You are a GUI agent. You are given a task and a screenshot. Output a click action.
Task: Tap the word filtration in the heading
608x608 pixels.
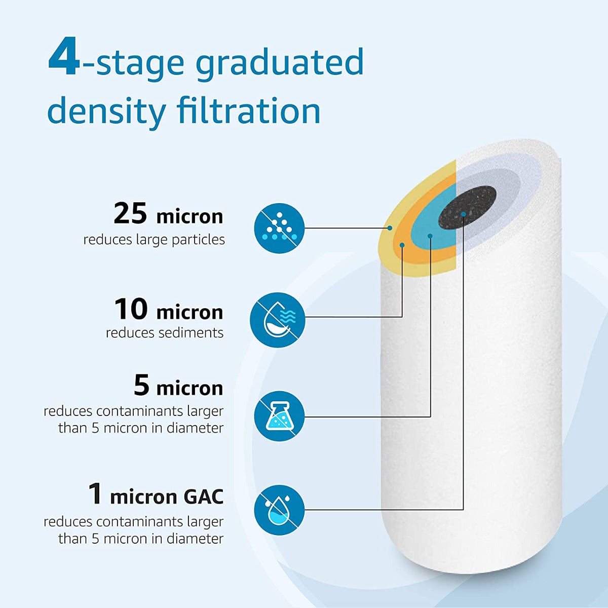click(x=249, y=110)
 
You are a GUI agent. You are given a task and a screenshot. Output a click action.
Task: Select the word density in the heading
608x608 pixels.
click(x=106, y=111)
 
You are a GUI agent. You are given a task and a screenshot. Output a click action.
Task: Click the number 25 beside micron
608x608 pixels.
click(x=130, y=213)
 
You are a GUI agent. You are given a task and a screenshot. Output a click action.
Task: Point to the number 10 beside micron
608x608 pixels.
click(x=131, y=309)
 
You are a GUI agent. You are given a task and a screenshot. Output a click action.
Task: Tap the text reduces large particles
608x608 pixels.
click(x=154, y=240)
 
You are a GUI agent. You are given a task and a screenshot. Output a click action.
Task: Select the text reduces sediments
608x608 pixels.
click(x=165, y=333)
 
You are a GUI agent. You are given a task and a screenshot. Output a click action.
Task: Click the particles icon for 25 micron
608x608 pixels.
click(x=279, y=228)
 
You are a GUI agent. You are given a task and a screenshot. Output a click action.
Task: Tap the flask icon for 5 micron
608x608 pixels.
click(x=279, y=416)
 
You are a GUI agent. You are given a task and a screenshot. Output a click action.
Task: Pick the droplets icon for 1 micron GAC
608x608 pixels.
click(x=279, y=509)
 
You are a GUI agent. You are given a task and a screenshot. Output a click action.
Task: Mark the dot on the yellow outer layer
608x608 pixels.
click(x=390, y=228)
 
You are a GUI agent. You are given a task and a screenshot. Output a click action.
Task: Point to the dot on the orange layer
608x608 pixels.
click(x=402, y=245)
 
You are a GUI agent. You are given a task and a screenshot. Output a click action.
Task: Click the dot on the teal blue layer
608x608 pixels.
click(x=430, y=236)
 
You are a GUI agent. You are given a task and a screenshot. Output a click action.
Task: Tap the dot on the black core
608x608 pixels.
click(x=464, y=215)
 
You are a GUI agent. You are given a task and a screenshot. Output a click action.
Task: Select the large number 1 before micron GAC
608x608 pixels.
click(x=95, y=494)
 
